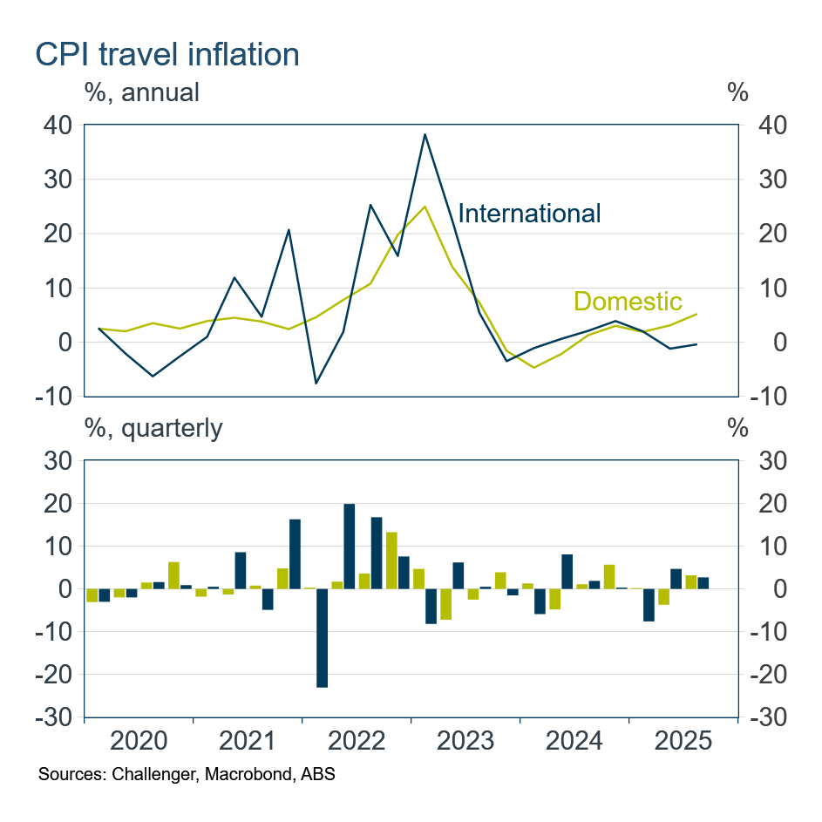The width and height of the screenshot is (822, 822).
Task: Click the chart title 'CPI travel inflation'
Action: click(166, 54)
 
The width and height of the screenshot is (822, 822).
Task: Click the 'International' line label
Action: click(529, 213)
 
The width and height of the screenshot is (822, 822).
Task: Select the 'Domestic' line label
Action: click(628, 302)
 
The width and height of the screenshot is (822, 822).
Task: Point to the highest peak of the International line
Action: click(425, 134)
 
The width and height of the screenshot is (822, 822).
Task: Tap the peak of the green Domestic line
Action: click(425, 207)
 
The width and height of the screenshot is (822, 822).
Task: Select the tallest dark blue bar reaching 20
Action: click(350, 547)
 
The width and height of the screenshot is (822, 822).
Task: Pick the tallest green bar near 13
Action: click(391, 560)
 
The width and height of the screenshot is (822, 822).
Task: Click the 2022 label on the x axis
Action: click(357, 742)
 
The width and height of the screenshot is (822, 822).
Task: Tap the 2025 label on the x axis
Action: click(683, 742)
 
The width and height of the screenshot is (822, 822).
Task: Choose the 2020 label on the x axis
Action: click(139, 742)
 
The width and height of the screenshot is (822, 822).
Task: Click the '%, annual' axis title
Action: click(141, 92)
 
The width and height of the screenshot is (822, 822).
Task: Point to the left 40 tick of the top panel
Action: click(57, 126)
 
